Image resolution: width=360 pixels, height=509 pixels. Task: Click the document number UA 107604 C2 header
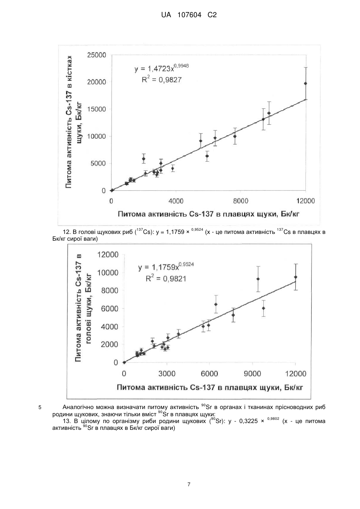[x=189, y=15]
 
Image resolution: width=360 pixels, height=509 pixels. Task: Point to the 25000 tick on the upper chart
[x=97, y=55]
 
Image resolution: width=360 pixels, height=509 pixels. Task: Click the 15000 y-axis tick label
[x=97, y=109]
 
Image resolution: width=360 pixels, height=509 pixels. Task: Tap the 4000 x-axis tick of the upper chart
[x=176, y=201]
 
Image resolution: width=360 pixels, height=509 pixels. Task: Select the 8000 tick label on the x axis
[x=241, y=201]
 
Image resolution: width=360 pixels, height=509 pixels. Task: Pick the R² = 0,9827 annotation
[x=162, y=80]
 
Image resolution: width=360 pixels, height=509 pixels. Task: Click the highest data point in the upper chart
[x=306, y=84]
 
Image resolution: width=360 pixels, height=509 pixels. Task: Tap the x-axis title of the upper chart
[x=209, y=214]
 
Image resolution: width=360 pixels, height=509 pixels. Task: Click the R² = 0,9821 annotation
[x=166, y=278]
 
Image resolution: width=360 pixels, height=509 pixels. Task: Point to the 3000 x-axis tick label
[x=167, y=374]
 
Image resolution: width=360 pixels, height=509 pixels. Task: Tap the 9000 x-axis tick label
[x=253, y=374]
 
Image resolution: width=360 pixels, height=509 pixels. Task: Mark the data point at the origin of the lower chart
[x=124, y=362]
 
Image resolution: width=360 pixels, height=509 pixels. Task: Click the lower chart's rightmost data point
[x=296, y=277]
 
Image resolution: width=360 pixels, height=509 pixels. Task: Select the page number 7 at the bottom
[x=189, y=485]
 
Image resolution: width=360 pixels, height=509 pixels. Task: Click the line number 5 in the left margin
[x=40, y=407]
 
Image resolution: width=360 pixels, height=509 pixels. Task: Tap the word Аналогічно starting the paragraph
[x=78, y=407]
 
